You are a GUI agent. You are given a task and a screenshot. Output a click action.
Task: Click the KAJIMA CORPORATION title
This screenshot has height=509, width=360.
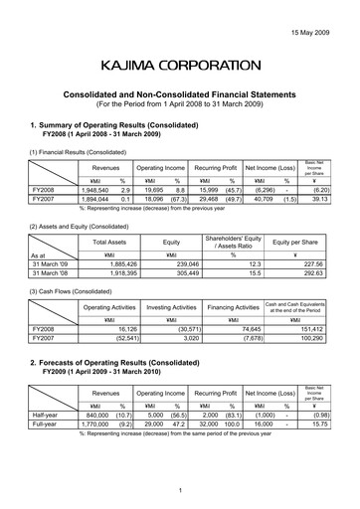click(180, 67)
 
